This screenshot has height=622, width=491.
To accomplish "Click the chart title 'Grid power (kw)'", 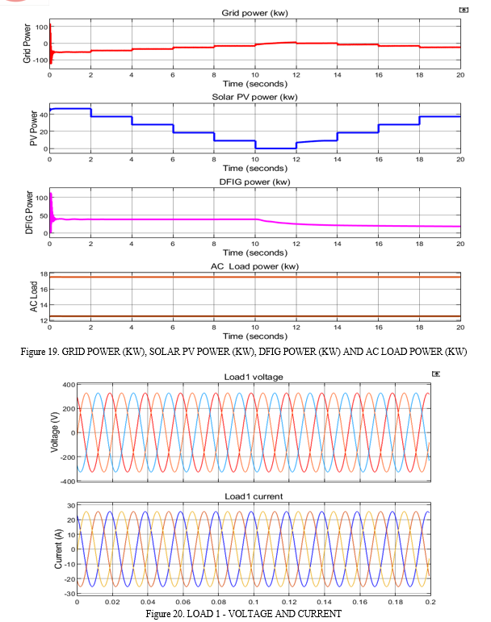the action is tap(255, 13).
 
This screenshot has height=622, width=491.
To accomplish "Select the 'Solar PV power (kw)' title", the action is tap(255, 97).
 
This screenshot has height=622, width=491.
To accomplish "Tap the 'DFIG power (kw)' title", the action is tap(255, 182).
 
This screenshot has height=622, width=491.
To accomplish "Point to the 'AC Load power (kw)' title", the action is tap(255, 266).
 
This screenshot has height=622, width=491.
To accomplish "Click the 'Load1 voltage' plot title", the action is tap(254, 377).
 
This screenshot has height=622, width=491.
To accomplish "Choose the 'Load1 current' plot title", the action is tap(254, 496).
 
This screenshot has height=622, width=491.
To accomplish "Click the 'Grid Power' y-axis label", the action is tap(27, 44).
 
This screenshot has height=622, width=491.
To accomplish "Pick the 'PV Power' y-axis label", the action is tap(34, 128).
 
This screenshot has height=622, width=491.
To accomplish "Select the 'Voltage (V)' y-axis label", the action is tap(54, 432).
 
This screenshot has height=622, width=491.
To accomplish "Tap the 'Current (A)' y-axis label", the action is tap(58, 549).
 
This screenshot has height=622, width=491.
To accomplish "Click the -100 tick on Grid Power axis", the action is tap(41, 61).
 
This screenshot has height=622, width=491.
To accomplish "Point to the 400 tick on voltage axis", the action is tap(69, 385).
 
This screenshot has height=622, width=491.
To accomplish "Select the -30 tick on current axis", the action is tap(70, 594).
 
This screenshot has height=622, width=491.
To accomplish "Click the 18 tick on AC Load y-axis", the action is tap(44, 274).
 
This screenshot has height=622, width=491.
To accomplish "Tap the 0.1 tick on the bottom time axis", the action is tap(254, 602).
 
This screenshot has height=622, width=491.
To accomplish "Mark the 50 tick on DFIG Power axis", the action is tap(44, 216).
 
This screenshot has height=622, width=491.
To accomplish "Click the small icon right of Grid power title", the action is tap(464, 10).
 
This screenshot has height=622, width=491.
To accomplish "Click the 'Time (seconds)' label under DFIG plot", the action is tap(255, 253).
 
